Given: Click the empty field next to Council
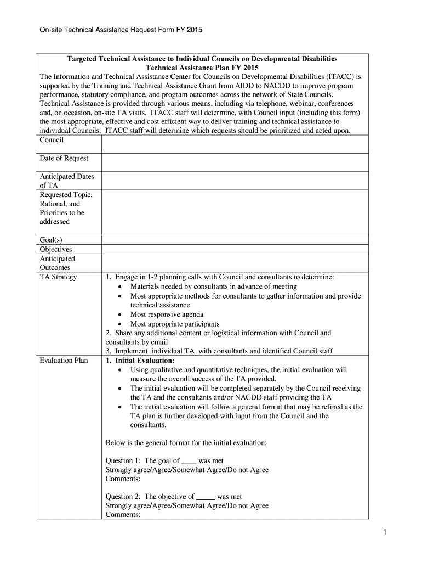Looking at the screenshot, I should click(x=235, y=144).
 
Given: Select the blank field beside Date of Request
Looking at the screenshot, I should click(x=235, y=162).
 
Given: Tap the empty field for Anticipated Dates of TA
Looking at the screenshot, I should click(x=235, y=181).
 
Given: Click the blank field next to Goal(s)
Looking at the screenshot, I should click(x=235, y=240).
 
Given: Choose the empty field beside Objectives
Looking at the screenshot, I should click(x=235, y=249).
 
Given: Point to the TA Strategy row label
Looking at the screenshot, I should click(x=58, y=277).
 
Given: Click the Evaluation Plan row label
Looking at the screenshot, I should click(x=64, y=361).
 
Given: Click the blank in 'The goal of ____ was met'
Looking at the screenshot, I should click(x=189, y=461).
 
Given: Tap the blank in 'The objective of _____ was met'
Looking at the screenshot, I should click(x=205, y=497).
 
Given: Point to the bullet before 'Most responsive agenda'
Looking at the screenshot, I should click(x=120, y=315).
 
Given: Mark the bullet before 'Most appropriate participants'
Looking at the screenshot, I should click(x=120, y=324).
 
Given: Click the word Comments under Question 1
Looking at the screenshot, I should click(x=123, y=479).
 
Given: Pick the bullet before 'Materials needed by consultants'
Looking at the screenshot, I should click(x=120, y=287).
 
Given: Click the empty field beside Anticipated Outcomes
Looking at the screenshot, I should click(x=235, y=263).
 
